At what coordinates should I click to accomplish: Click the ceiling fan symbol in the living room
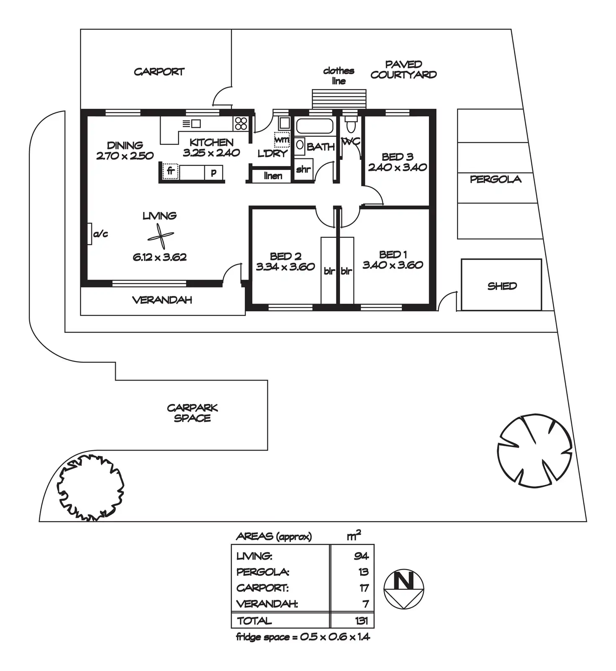pos(161,237)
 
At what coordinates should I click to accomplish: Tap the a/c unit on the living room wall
pos(90,234)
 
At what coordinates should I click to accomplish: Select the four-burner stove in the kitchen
pos(241,123)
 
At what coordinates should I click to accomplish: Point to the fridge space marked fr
pos(170,172)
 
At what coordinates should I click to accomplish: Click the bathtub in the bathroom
pos(315,126)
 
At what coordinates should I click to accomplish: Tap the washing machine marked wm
pos(282,139)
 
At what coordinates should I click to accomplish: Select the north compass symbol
pos(404,589)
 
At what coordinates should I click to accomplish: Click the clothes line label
pos(339,76)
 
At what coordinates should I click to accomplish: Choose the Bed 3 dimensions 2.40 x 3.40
pos(398,167)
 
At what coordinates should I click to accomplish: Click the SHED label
pos(502,286)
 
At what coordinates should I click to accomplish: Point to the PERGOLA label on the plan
pos(495,180)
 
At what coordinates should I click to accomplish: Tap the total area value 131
pos(361,620)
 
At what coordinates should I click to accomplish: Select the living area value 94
pos(361,556)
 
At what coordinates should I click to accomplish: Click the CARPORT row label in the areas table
pos(262,588)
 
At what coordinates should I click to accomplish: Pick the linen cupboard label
pos(273,176)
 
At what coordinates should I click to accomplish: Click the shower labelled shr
pos(303,170)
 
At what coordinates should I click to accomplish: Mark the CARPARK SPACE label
pos(192,413)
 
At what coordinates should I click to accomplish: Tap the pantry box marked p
pos(214,172)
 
